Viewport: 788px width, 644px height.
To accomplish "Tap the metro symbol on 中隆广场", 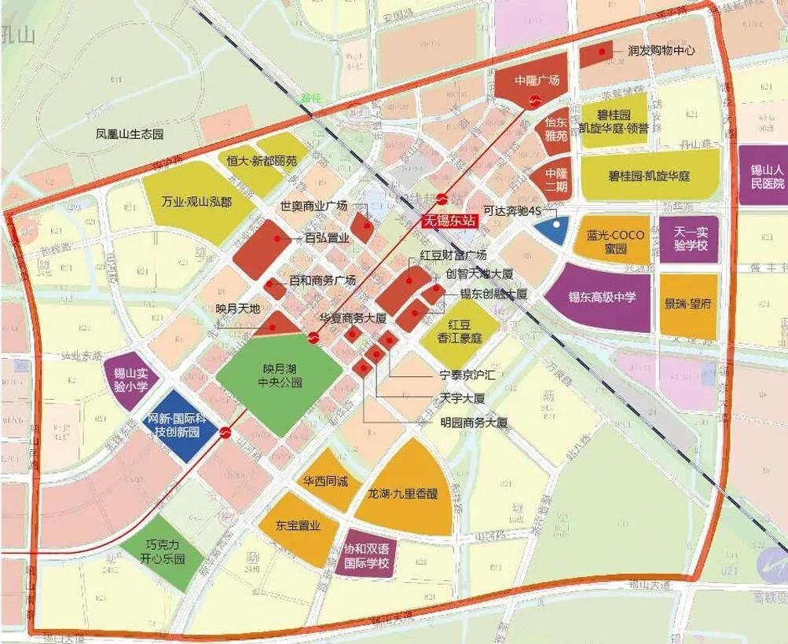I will pyautogui.click(x=534, y=100).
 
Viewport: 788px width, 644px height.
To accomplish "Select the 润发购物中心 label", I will pyautogui.click(x=661, y=50).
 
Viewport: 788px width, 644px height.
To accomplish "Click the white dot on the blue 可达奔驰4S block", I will pyautogui.click(x=556, y=225).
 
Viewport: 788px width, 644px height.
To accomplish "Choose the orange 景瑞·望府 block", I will pyautogui.click(x=688, y=305).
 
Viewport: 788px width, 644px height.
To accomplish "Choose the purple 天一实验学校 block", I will pyautogui.click(x=690, y=240).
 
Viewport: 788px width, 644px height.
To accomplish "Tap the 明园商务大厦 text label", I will pyautogui.click(x=474, y=423).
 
